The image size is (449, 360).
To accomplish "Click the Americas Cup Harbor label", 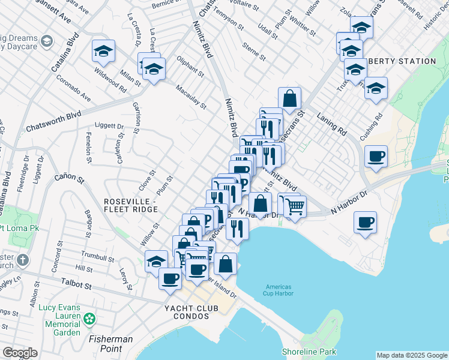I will click(277, 290).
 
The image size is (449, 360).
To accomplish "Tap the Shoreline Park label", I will click(309, 352).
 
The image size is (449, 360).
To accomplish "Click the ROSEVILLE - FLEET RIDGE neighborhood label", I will click(130, 205).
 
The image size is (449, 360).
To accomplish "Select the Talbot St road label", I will click(76, 284).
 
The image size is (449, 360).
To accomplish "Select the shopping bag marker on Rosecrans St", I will click(289, 98).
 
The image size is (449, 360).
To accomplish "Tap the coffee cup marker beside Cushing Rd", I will click(376, 157).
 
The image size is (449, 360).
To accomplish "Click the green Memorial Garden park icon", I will click(89, 318).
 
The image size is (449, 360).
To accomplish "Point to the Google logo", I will click(20, 353).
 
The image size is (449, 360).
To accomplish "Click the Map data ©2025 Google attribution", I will click(411, 355).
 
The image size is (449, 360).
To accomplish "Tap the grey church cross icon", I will click(22, 260).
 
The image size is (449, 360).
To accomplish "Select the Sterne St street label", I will click(254, 52).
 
